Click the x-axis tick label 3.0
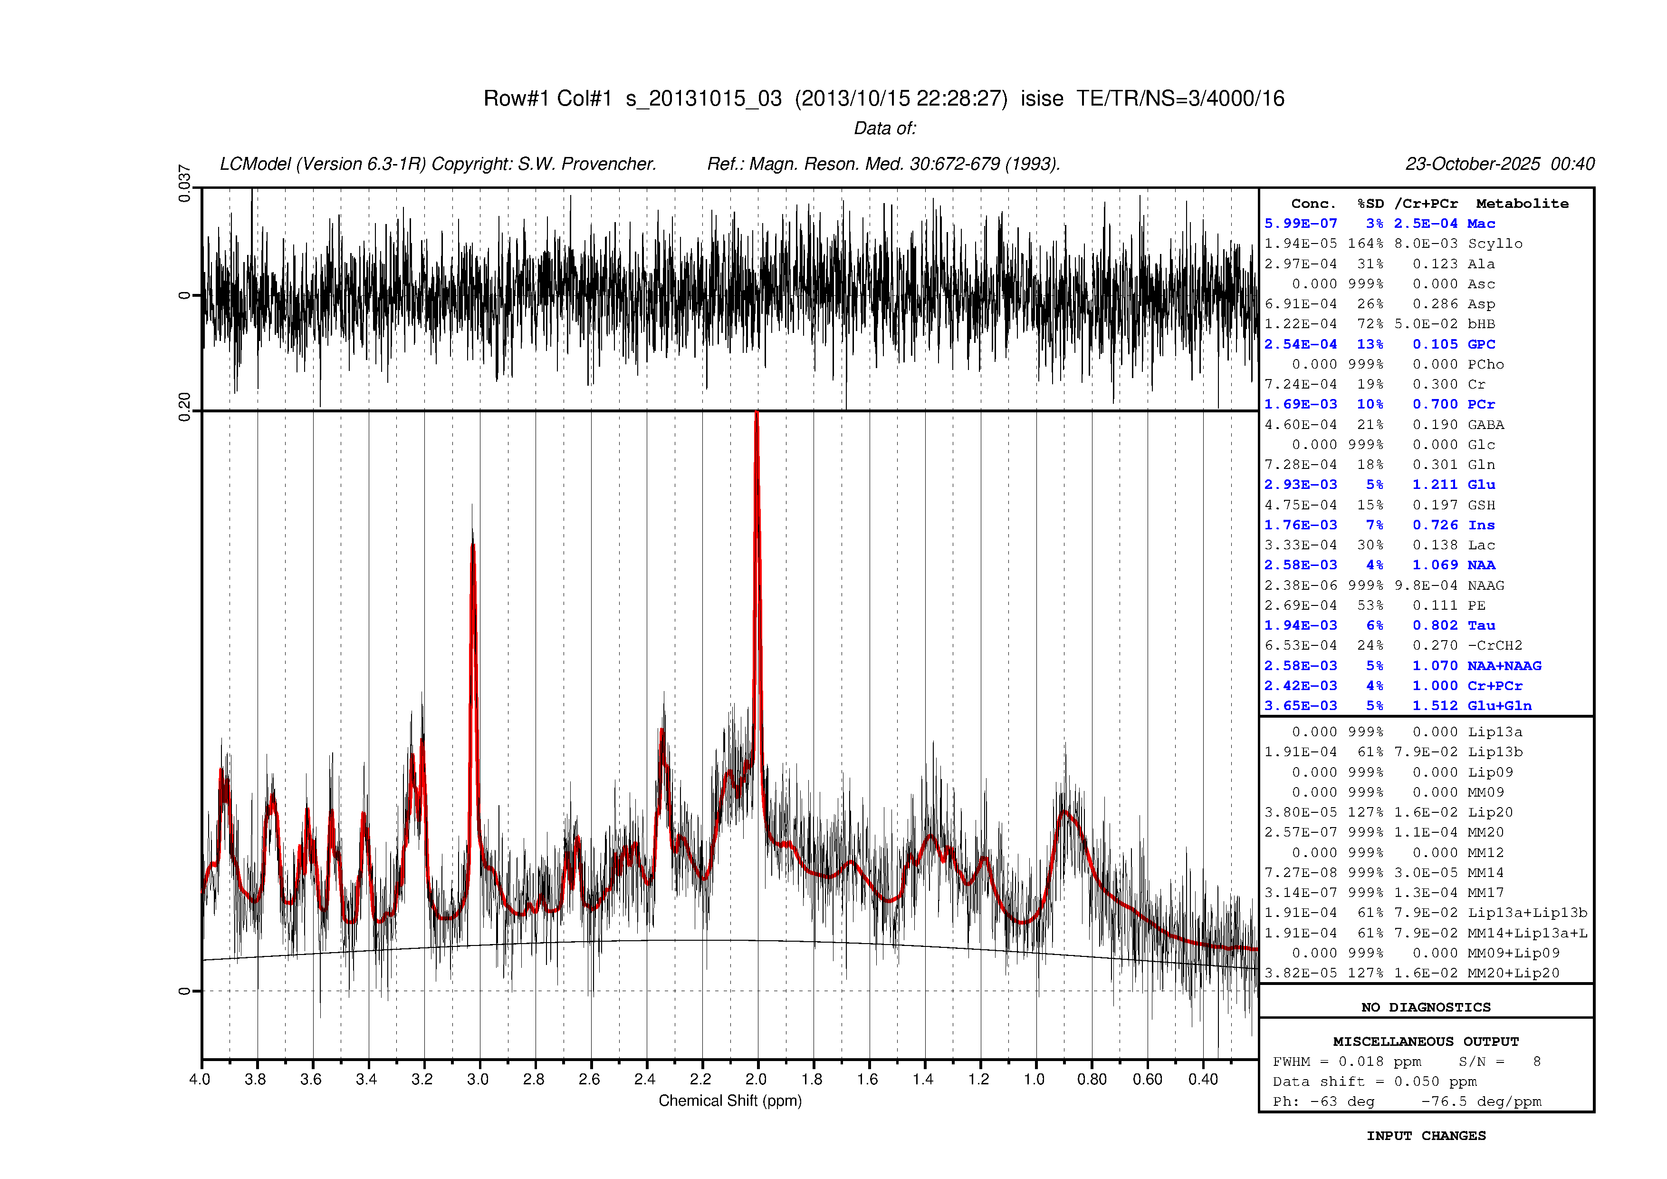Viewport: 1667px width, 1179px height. click(x=478, y=1080)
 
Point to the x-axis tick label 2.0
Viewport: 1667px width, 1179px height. click(x=756, y=1080)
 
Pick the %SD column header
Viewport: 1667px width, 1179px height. click(x=1370, y=204)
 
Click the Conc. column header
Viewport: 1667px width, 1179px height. click(x=1313, y=204)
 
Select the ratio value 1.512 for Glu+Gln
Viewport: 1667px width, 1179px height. click(x=1435, y=706)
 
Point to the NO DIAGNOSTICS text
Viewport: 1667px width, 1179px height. click(x=1426, y=1008)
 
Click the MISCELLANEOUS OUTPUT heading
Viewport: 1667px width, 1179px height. click(x=1426, y=1042)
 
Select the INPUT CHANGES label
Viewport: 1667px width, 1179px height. click(x=1426, y=1136)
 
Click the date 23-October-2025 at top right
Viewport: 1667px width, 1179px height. click(x=1473, y=164)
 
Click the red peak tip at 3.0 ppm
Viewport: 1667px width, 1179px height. click(x=473, y=545)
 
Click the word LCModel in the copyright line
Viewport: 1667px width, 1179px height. click(x=255, y=164)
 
